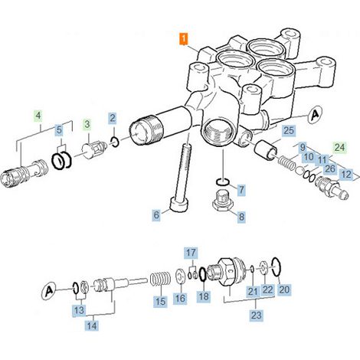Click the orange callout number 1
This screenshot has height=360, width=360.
coord(183,39)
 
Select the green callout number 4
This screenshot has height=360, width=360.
coord(38,116)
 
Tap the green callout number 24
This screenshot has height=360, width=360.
coord(339,148)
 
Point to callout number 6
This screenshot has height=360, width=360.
coord(156,215)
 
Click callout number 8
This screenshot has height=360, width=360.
coord(241,218)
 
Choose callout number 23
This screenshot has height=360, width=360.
coord(256,315)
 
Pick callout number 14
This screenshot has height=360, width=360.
coord(92,326)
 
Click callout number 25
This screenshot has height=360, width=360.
coord(289,131)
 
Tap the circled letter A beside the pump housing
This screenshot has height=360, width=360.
coord(315,115)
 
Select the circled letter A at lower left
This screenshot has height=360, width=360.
coord(49,291)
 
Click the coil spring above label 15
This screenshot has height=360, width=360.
coord(160,279)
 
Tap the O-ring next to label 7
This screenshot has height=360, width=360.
coord(223,182)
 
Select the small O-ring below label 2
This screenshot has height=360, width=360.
coord(115,142)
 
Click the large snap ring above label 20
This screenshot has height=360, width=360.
coord(277,267)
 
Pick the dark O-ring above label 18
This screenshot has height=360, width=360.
coord(202,274)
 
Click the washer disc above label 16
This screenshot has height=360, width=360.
coord(180,276)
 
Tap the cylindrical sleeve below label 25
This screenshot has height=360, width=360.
coord(266,150)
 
